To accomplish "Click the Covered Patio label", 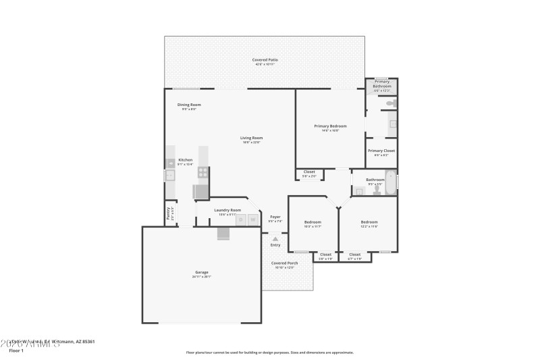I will point(265,60).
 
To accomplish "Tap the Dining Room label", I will point(189,105).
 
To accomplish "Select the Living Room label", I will point(251,138).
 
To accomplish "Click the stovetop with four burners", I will point(202,173).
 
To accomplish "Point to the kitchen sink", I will point(170,176).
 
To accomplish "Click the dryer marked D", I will point(241,219).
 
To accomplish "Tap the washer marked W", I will point(253,219).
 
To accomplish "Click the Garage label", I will point(202,272).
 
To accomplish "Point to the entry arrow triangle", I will point(275,238).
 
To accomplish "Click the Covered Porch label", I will point(284,263).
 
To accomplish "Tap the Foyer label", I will point(275,217).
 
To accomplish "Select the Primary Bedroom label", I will point(330,126).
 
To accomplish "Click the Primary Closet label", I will point(381,151).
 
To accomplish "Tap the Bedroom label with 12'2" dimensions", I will point(369,222).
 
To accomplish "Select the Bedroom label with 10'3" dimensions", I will point(312,222).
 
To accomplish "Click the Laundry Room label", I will point(227,210).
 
